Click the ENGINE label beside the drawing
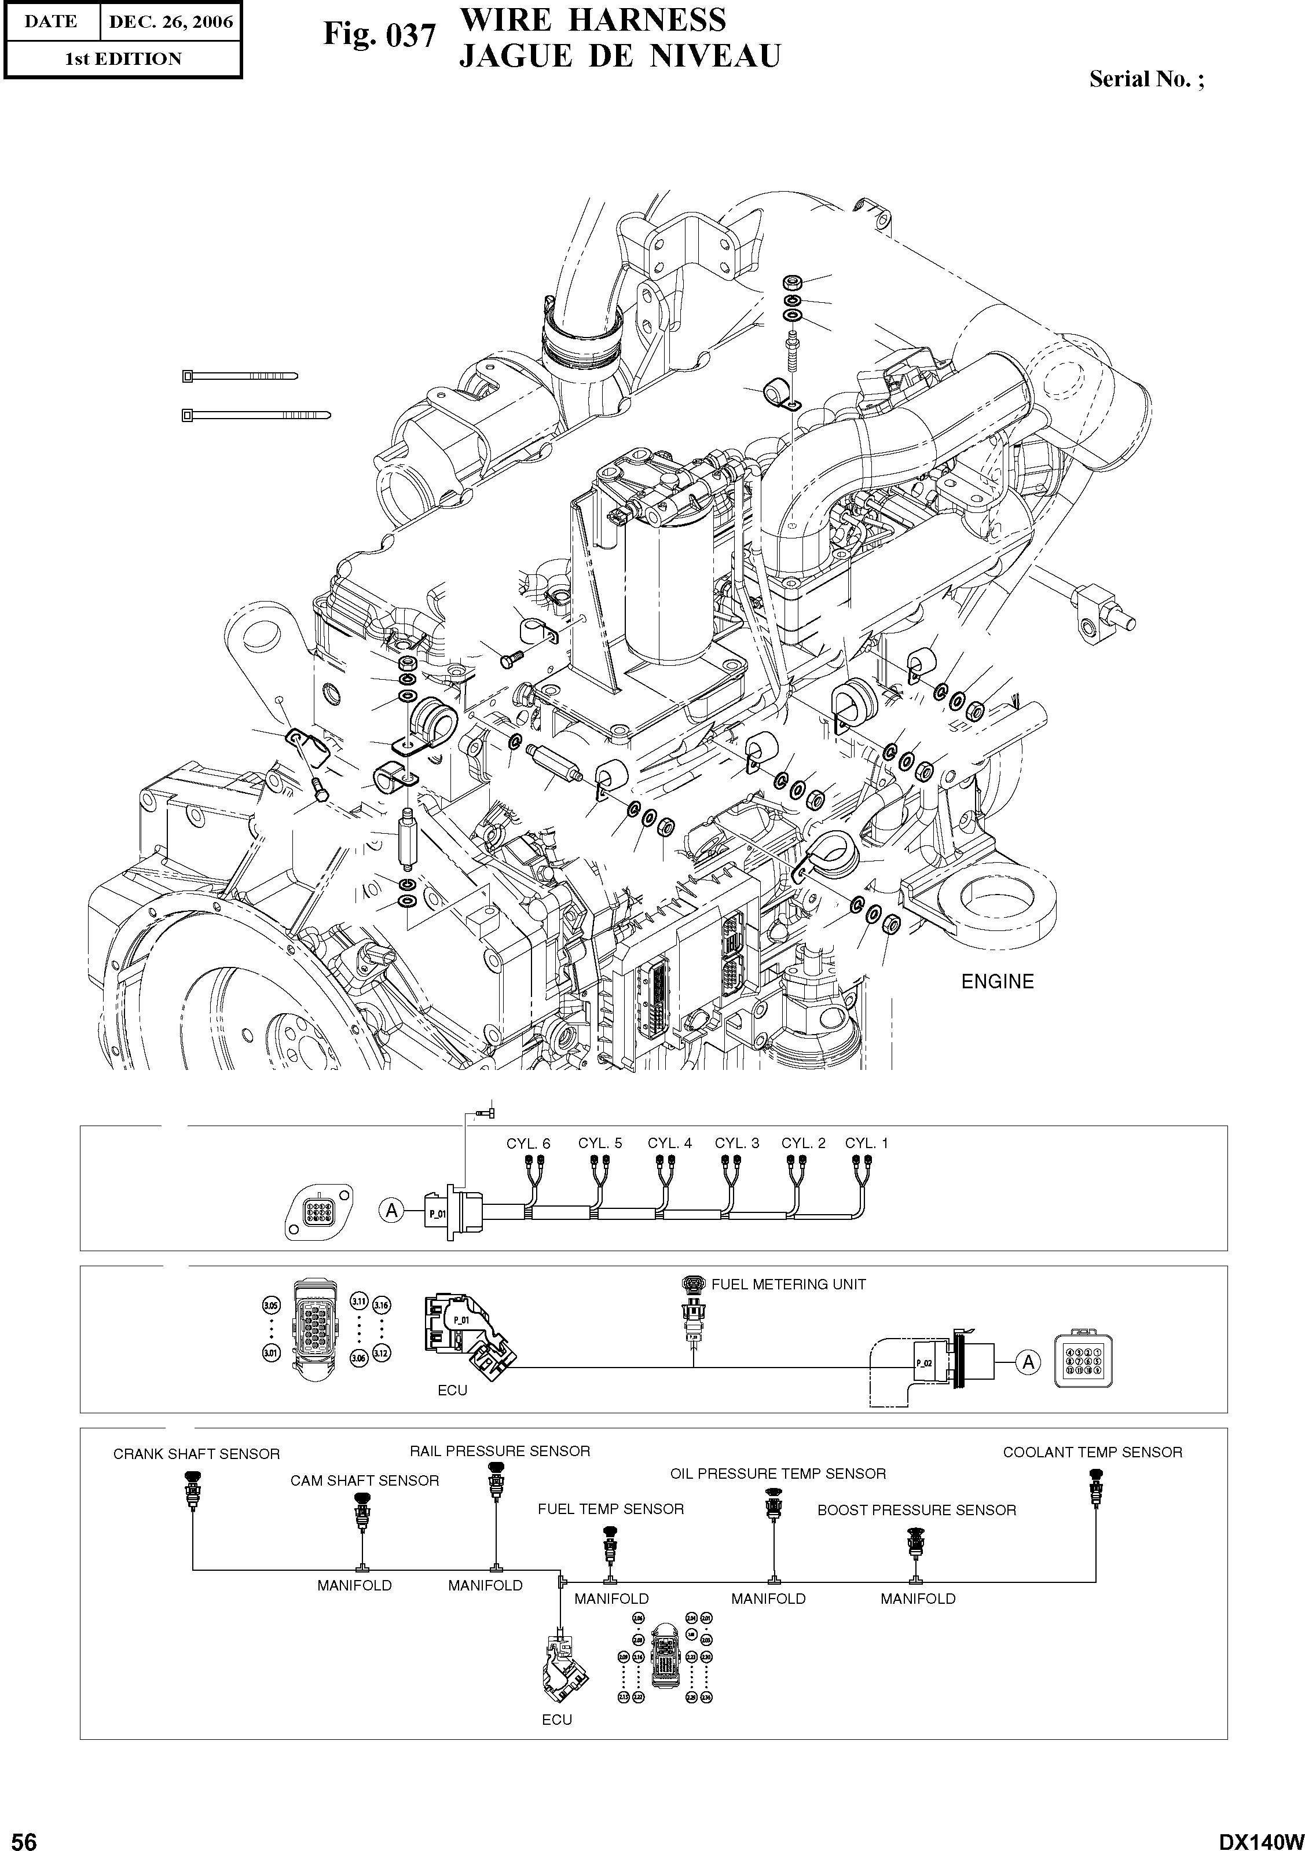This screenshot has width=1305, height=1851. click(997, 981)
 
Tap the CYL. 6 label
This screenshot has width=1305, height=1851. click(528, 1143)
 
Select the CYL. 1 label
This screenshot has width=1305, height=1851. click(867, 1143)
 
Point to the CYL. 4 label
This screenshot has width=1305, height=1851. click(669, 1143)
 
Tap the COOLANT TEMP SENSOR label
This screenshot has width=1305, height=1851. click(1092, 1452)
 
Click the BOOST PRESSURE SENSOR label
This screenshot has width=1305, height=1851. click(917, 1510)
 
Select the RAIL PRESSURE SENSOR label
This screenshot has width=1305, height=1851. click(500, 1451)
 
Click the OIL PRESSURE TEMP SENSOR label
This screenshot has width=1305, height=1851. click(778, 1474)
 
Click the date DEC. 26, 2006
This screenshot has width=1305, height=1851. click(170, 22)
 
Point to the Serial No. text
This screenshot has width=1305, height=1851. click(1146, 79)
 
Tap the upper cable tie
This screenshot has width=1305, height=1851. click(239, 376)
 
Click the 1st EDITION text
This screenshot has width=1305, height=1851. click(123, 59)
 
